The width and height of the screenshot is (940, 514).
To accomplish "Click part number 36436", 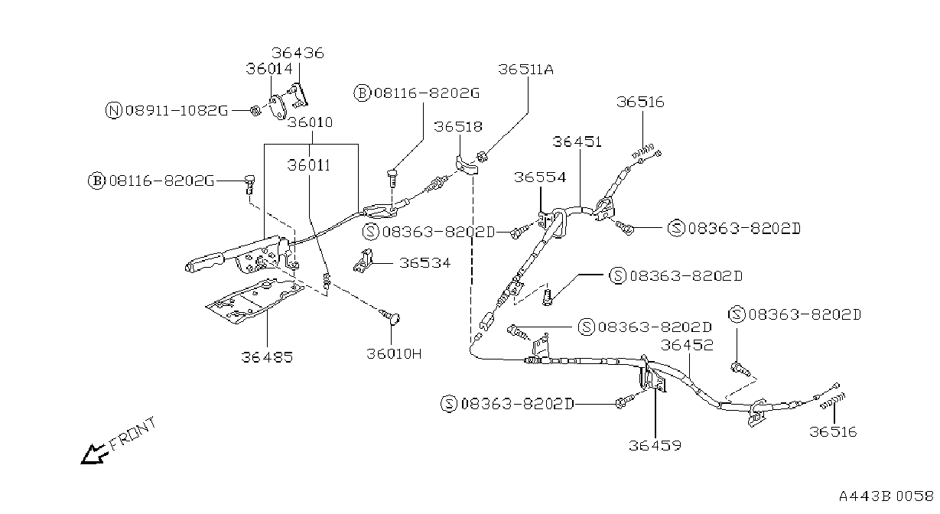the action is pyautogui.click(x=298, y=53).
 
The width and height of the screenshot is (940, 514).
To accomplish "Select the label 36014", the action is pyautogui.click(x=269, y=69).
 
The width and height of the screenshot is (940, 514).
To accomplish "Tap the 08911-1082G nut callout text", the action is pyautogui.click(x=177, y=111).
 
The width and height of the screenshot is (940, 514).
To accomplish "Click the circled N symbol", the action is pyautogui.click(x=113, y=111).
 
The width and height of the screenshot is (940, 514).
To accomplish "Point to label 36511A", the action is pyautogui.click(x=525, y=70).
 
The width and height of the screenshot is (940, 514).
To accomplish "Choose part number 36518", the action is pyautogui.click(x=458, y=126).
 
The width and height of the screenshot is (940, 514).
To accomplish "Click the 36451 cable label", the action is pyautogui.click(x=577, y=142).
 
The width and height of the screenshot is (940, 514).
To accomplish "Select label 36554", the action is pyautogui.click(x=540, y=177).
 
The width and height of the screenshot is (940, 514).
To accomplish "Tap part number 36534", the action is pyautogui.click(x=424, y=263).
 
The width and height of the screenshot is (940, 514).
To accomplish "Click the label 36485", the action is pyautogui.click(x=267, y=357).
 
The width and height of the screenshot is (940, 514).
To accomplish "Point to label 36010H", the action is pyautogui.click(x=394, y=354).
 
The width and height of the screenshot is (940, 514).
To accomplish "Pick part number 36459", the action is pyautogui.click(x=655, y=446).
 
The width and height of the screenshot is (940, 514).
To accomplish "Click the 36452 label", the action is pyautogui.click(x=687, y=345).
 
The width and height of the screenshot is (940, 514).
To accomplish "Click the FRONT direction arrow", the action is pyautogui.click(x=92, y=454).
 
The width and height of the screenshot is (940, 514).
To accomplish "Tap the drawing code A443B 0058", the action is pyautogui.click(x=886, y=496).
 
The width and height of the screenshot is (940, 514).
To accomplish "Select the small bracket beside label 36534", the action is pyautogui.click(x=363, y=261).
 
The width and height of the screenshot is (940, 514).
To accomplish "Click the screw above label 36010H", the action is pyautogui.click(x=390, y=317).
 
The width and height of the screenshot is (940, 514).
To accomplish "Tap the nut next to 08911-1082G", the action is pyautogui.click(x=255, y=111).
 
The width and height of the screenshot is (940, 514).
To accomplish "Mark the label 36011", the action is pyautogui.click(x=309, y=165).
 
